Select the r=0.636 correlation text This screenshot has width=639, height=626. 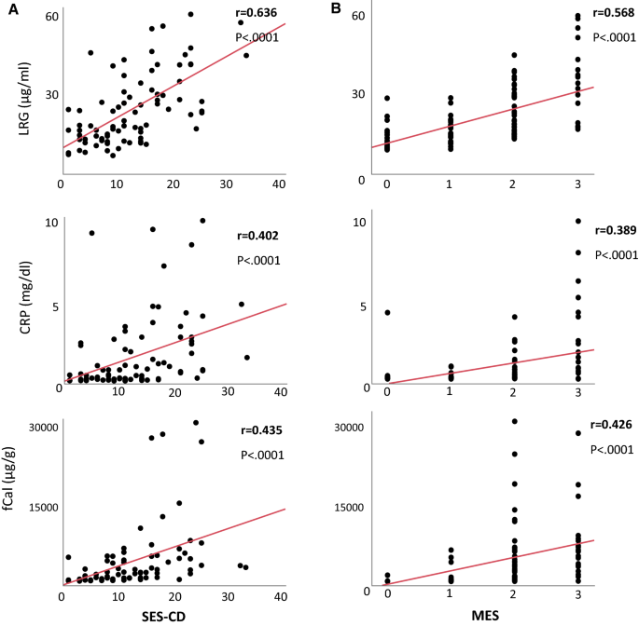260,14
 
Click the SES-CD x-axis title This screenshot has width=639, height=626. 170,615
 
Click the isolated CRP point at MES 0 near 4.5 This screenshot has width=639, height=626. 386,312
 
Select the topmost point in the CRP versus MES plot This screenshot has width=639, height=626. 577,222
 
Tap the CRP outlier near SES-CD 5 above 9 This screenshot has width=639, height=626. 90,233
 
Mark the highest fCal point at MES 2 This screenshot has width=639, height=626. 514,422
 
